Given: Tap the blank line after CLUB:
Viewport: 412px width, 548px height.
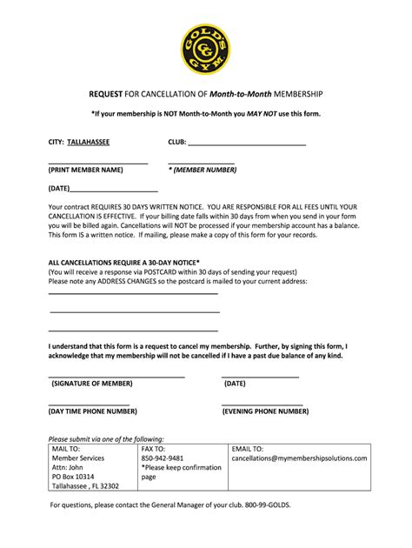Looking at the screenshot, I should (247, 143).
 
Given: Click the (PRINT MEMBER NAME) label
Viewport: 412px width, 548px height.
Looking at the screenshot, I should (86, 170).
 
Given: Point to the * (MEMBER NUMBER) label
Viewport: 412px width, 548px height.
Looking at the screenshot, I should (203, 170).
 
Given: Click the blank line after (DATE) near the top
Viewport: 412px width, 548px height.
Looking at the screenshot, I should (113, 189).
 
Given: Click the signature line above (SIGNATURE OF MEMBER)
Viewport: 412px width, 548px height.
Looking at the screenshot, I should (116, 376).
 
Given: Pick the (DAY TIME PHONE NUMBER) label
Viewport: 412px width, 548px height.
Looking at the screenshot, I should (90, 411).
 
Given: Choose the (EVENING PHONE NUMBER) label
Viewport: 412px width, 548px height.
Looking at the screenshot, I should (265, 411).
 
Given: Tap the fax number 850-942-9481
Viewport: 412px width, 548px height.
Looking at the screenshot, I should (163, 458).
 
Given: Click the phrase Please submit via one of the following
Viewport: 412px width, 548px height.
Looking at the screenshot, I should (105, 438).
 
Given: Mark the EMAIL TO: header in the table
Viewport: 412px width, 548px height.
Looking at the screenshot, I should (248, 448).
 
